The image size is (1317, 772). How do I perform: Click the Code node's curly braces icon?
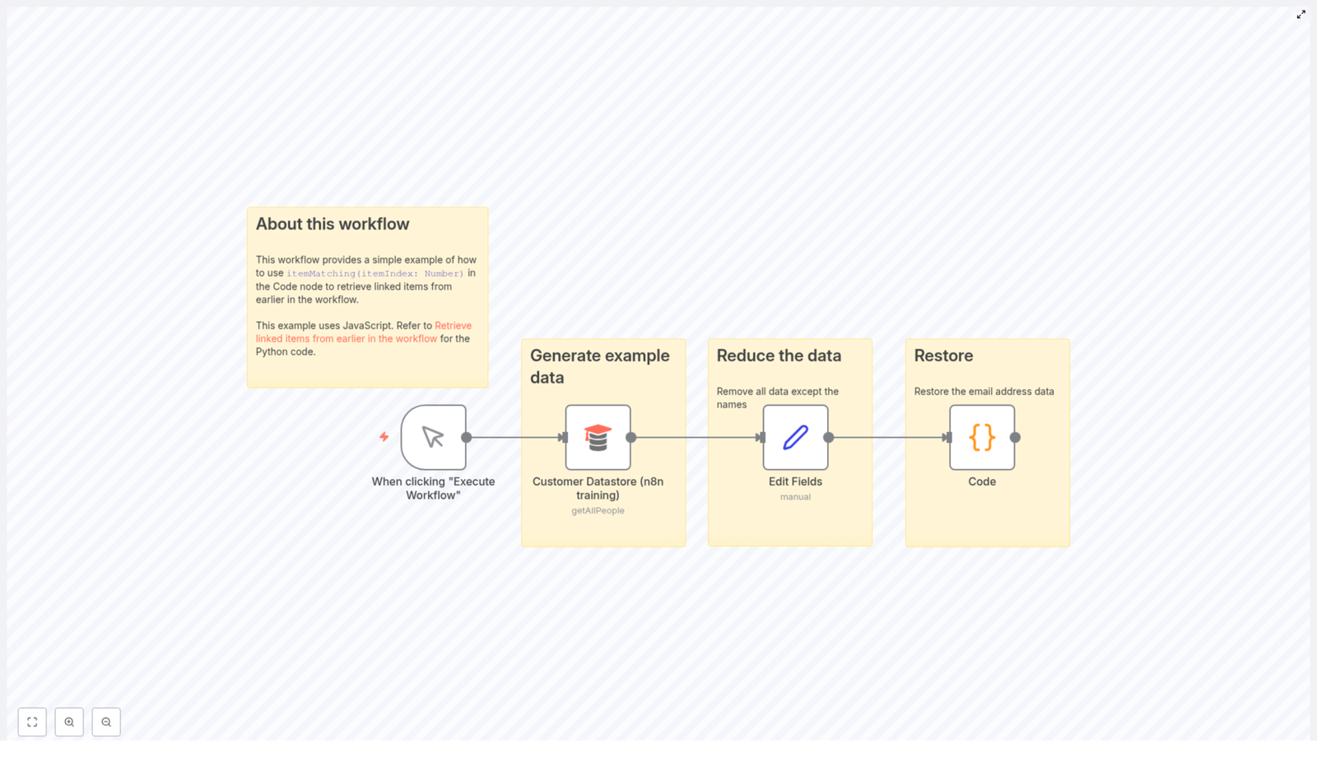pos(981,437)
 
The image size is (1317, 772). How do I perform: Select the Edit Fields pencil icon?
pos(795,437)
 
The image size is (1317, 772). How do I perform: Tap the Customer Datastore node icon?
pos(598,437)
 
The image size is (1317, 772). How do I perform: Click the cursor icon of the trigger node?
pos(433,437)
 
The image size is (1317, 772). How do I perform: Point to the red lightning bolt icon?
pos(384,437)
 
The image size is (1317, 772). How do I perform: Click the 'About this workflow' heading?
pos(332,224)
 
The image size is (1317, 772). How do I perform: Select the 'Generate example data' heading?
pos(599,366)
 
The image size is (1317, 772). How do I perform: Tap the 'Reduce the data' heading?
pos(778,356)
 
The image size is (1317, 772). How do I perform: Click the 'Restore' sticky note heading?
pos(942,356)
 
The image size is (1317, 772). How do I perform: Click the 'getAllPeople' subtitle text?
pos(598,510)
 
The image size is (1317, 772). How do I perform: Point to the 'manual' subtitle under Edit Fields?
pos(795,497)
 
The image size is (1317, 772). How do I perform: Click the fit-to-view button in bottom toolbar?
pos(32,722)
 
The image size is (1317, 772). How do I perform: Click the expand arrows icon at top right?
pos(1301,15)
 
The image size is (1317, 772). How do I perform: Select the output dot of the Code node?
pos(1015,438)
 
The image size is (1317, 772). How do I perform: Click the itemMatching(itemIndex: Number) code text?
pos(375,274)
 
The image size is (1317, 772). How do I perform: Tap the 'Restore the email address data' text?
pos(984,392)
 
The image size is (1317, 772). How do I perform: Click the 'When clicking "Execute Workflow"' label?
pos(433,488)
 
